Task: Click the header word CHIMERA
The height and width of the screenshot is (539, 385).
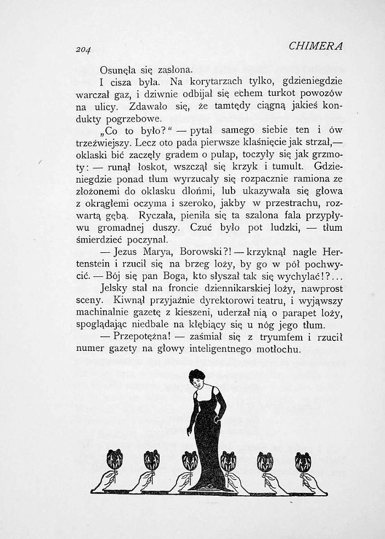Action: [316, 46]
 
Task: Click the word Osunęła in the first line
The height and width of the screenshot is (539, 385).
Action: [118, 71]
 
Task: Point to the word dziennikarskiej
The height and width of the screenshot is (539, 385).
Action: [248, 288]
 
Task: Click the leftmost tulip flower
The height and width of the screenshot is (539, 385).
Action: [114, 459]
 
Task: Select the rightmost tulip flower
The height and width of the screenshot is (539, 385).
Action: [303, 461]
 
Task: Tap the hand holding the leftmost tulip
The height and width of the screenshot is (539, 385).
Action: [105, 481]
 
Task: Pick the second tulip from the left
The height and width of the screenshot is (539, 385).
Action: [151, 459]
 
